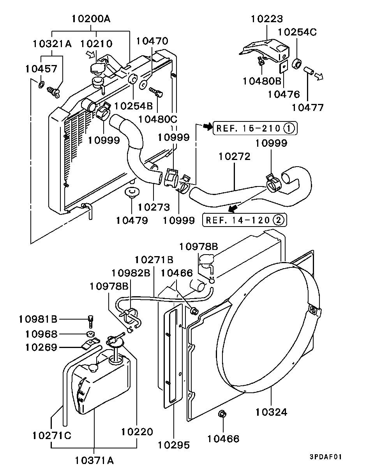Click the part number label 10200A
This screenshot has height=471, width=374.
point(91,18)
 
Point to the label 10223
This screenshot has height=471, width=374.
point(267,18)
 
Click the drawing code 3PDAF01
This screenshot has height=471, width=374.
point(326,457)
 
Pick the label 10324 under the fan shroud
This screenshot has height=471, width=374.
point(272,411)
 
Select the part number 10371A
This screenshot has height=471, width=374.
point(95,460)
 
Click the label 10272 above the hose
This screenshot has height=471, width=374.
point(235,156)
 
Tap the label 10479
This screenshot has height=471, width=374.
point(132,220)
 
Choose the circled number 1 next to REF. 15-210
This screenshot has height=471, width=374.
point(289,128)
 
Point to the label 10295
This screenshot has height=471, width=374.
point(174,445)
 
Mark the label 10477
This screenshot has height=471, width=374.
point(308,107)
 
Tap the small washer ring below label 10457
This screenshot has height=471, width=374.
point(41,84)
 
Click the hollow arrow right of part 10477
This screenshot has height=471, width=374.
point(319,77)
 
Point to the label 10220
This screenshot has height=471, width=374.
point(137,432)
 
